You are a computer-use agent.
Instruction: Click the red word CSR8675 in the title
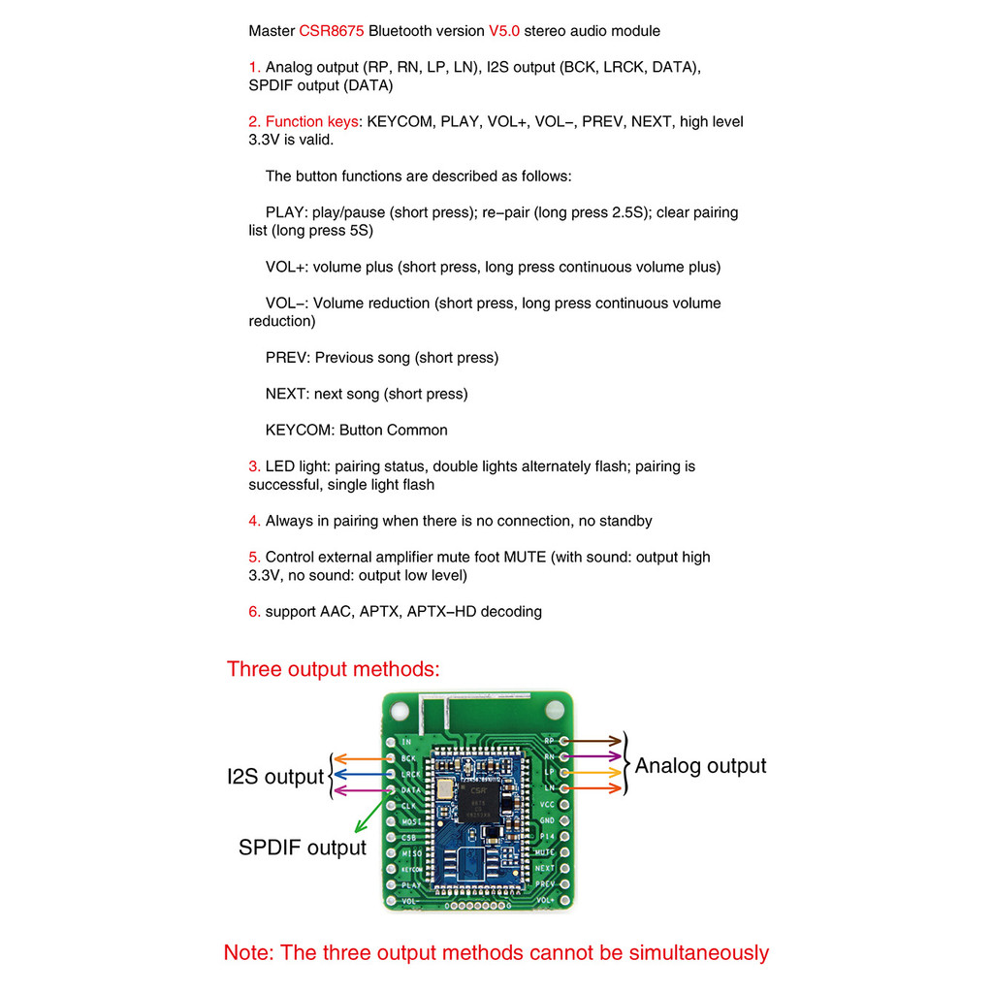[x=332, y=31]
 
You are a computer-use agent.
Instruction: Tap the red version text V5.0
[x=503, y=31]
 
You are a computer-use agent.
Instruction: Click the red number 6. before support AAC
[x=254, y=612]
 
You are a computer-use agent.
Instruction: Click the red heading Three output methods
[x=333, y=669]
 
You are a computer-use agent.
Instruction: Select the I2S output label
[x=274, y=777]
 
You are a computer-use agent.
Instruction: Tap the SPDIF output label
[x=303, y=848]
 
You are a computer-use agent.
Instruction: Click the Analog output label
[x=700, y=766]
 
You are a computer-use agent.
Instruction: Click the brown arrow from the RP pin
[x=594, y=741]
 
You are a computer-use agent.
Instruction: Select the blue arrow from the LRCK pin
[x=361, y=775]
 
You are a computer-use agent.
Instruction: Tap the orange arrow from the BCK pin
[x=361, y=758]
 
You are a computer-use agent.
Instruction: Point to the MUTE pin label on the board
[x=544, y=851]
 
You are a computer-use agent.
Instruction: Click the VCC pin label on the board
[x=546, y=805]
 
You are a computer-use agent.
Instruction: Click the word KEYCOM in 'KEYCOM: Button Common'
[x=300, y=430]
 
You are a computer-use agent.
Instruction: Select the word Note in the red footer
[x=247, y=953]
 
